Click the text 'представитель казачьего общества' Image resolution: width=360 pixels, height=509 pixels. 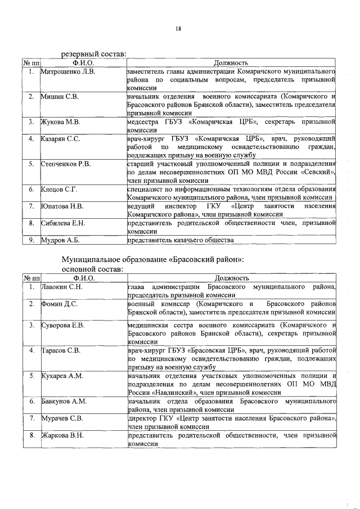(x=180, y=240)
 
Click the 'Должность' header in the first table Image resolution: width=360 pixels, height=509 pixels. (x=231, y=64)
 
